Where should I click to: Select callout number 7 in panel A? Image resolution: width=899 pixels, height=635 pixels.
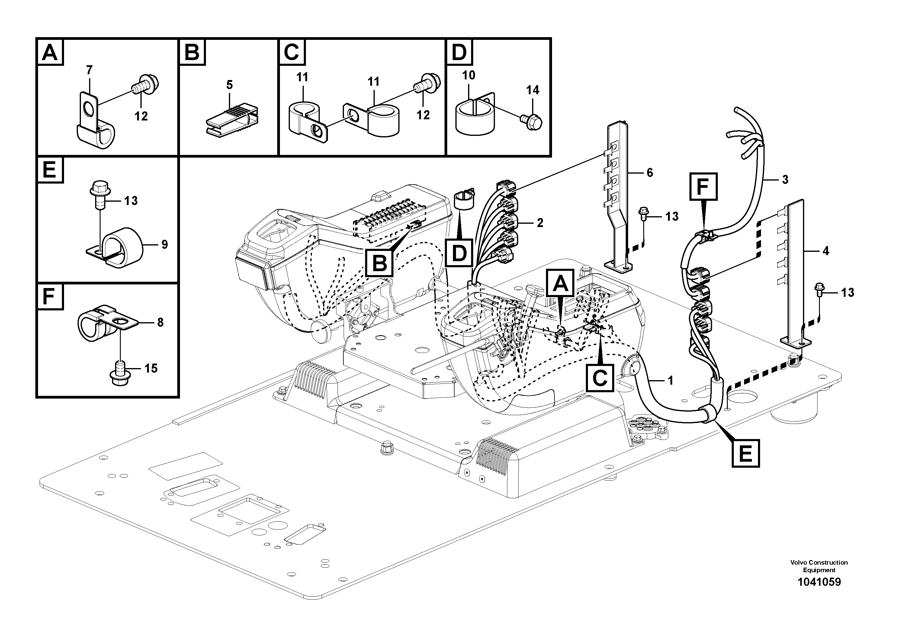pos(89,70)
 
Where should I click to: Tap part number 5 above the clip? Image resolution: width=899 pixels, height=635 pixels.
pos(230,85)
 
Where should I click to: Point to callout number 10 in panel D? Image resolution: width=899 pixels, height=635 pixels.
pos(469,75)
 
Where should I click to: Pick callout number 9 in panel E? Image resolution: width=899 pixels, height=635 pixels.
pos(165,245)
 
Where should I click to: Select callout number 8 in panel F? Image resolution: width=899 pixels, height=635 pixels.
pos(160,322)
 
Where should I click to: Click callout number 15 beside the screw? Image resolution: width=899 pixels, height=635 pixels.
pos(151,368)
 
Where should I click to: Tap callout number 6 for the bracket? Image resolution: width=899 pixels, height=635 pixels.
pos(650,173)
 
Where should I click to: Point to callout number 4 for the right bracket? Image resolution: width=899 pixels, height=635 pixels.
pos(826,251)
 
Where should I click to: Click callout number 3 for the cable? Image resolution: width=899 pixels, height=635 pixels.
pos(785,180)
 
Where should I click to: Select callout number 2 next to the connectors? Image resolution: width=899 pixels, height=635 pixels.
pos(540,223)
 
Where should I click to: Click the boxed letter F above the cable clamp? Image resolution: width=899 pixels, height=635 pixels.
pos(703,186)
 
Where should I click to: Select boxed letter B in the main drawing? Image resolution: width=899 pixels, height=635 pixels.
pos(379,263)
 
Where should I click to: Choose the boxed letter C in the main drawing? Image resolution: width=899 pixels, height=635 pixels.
pos(599,377)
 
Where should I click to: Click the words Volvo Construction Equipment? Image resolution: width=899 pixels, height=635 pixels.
pos(819,566)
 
